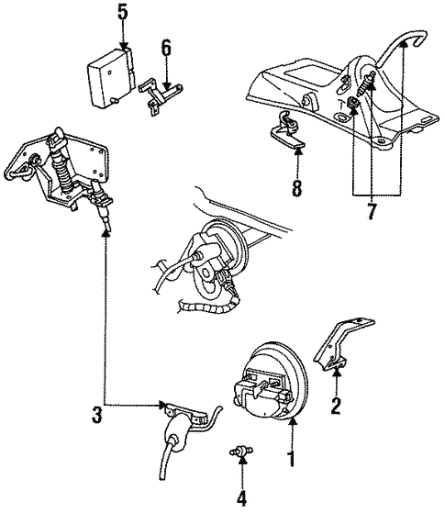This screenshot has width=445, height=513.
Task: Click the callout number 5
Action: pyautogui.click(x=123, y=12)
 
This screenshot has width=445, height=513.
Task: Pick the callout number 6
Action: pyautogui.click(x=167, y=47)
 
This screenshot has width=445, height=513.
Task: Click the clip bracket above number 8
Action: pyautogui.click(x=293, y=131)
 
